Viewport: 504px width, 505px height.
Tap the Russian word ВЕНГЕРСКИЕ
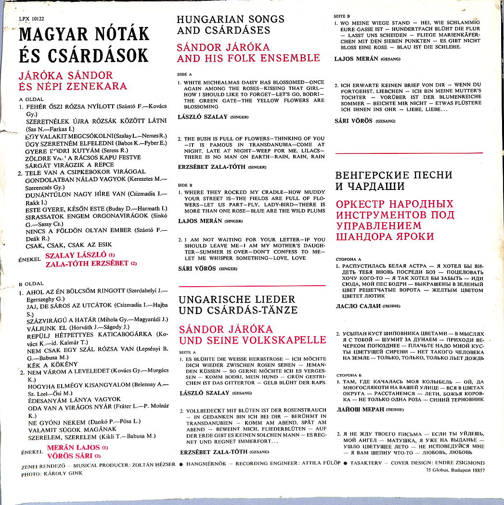coord(365,175)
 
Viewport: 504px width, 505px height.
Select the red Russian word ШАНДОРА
coord(361,236)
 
